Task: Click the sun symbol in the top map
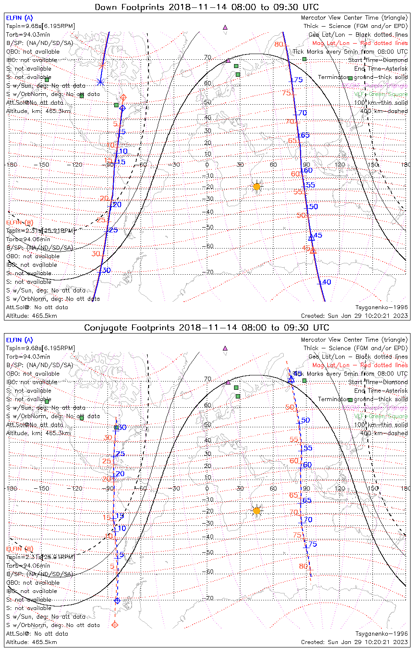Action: (x=257, y=187)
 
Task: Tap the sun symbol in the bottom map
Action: (x=257, y=511)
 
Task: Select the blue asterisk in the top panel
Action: (x=100, y=82)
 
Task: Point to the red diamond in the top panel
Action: (x=123, y=97)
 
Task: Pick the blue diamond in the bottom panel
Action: (x=117, y=600)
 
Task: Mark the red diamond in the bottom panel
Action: (x=115, y=625)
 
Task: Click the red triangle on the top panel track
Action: (x=312, y=250)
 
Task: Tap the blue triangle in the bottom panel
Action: (x=291, y=379)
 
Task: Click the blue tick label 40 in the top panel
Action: (x=326, y=282)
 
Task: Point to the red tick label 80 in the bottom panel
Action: (x=303, y=566)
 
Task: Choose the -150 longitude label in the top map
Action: (x=44, y=165)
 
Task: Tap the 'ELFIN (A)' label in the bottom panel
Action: (x=19, y=340)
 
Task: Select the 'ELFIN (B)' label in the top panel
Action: (x=20, y=222)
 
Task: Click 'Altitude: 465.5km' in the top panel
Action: (x=31, y=316)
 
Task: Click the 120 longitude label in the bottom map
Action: (x=339, y=488)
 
